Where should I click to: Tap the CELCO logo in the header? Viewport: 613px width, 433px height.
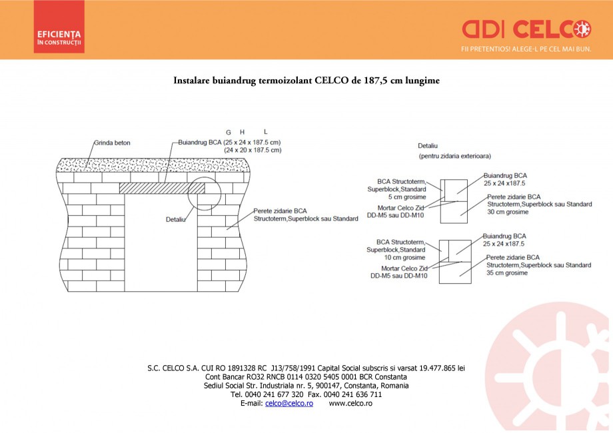pyautogui.click(x=526, y=29)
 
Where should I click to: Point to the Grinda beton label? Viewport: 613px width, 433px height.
pyautogui.click(x=112, y=143)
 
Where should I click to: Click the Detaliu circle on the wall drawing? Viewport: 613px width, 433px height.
pyautogui.click(x=204, y=193)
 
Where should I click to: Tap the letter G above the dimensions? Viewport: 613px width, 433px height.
pyautogui.click(x=229, y=132)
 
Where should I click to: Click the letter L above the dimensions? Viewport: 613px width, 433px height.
pyautogui.click(x=265, y=132)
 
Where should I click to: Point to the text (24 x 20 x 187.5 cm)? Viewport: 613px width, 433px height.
pyautogui.click(x=252, y=151)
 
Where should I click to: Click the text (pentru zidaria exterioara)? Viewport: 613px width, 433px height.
pyautogui.click(x=454, y=156)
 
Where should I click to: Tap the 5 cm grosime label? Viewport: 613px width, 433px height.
pyautogui.click(x=406, y=197)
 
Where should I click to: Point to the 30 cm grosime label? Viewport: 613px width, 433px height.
pyautogui.click(x=507, y=212)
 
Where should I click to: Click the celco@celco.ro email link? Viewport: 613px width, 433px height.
pyautogui.click(x=289, y=404)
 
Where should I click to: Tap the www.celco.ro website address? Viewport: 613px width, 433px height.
pyautogui.click(x=350, y=404)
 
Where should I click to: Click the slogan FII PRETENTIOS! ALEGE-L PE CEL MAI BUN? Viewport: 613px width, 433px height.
pyautogui.click(x=526, y=49)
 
